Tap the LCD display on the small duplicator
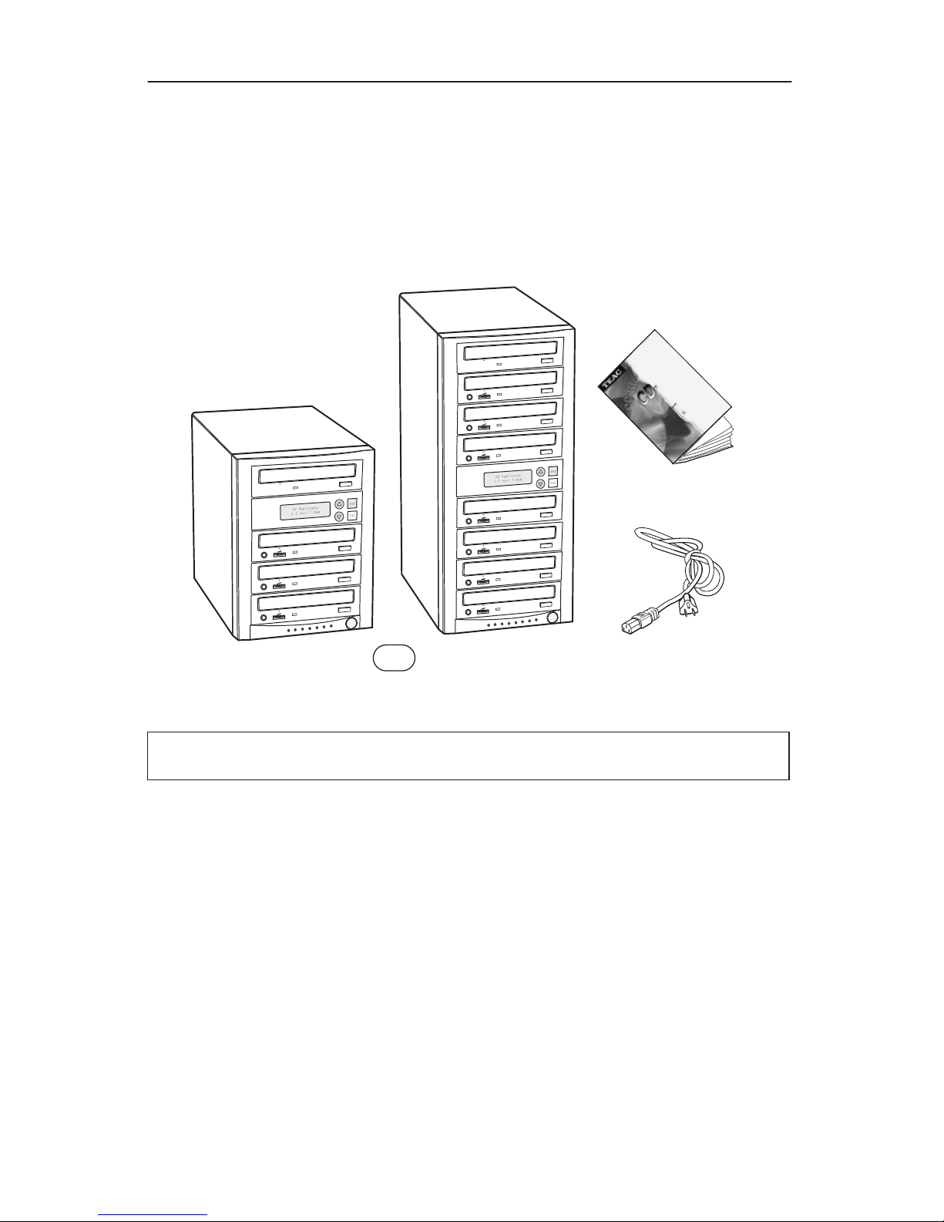[x=304, y=510]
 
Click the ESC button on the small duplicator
[x=352, y=516]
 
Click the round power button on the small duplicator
[x=351, y=623]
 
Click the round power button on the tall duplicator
[x=553, y=618]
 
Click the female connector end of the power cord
[x=636, y=620]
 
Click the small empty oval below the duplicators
[x=394, y=658]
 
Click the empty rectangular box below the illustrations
[x=468, y=756]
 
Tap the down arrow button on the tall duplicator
[x=540, y=483]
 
